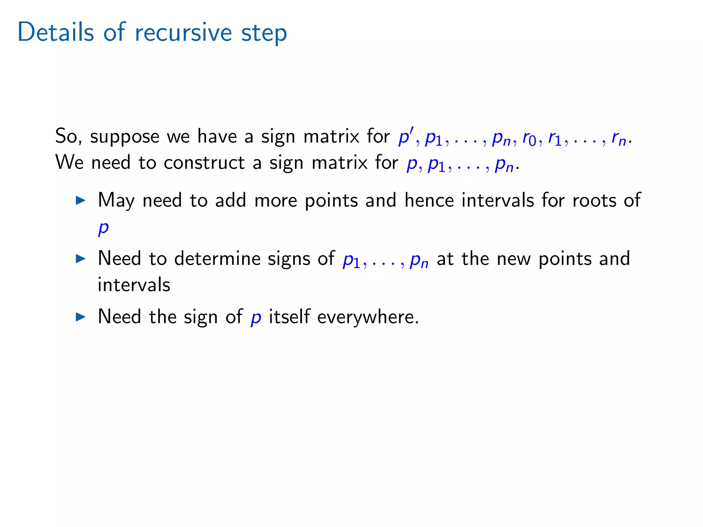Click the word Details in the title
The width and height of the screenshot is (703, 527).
(56, 32)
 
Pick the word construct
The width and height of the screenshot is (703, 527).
(204, 163)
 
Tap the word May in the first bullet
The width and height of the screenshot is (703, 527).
(116, 201)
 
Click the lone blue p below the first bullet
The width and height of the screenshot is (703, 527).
(103, 228)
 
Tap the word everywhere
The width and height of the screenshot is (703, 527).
(368, 317)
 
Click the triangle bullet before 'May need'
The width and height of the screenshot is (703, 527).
(80, 200)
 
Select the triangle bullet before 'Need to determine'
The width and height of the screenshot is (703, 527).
(80, 258)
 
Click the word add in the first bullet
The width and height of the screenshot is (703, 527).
(231, 200)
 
